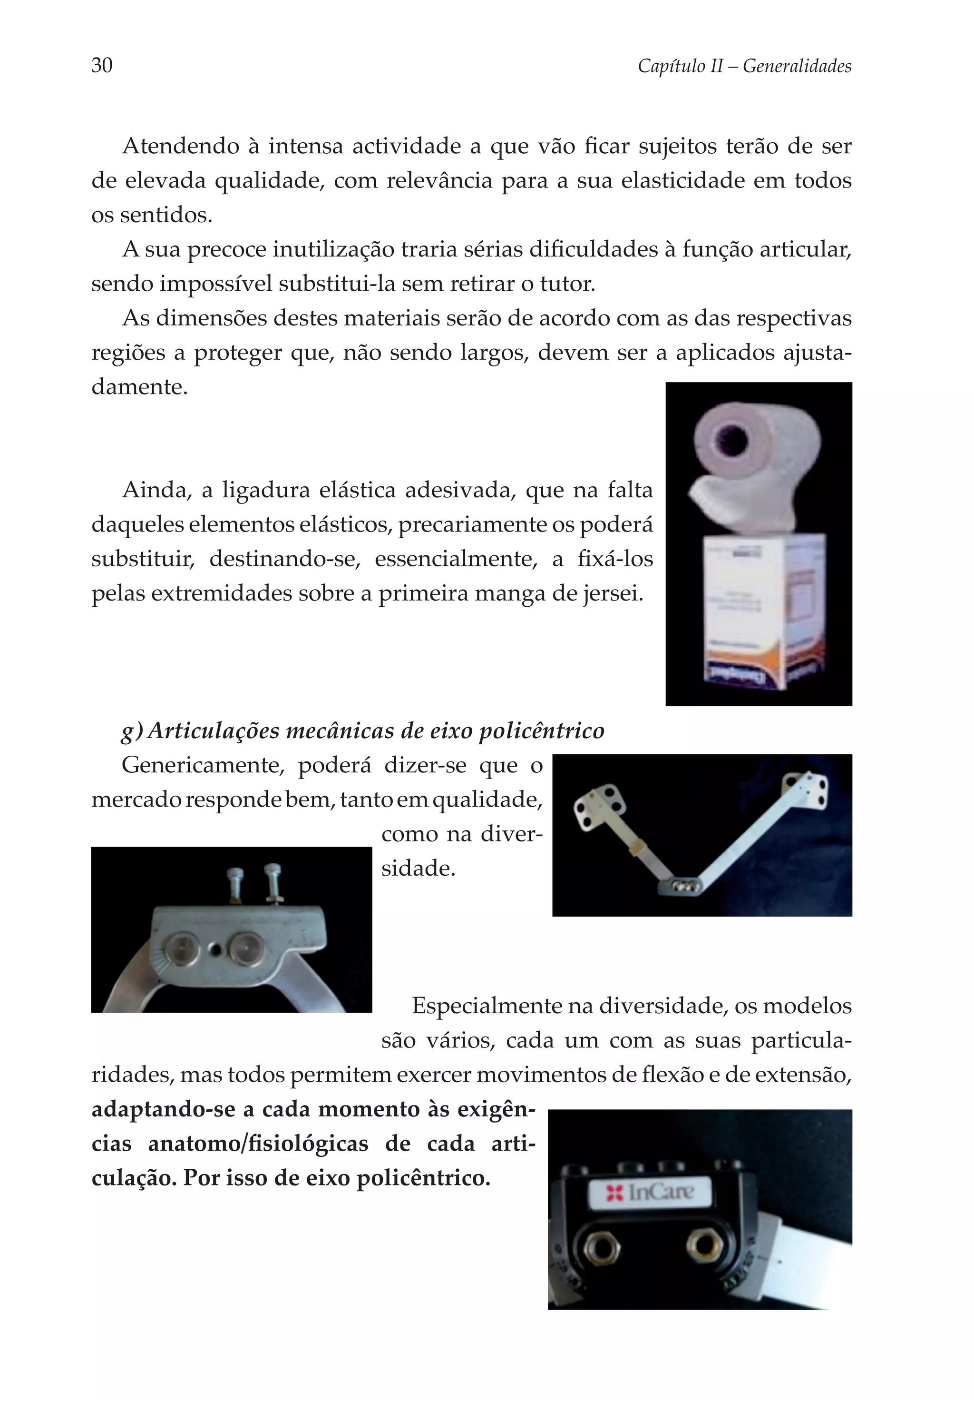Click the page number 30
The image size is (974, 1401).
click(102, 65)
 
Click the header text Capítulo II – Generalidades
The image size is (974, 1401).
click(744, 66)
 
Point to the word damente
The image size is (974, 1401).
click(139, 387)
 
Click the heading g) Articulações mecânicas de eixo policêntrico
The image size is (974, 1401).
click(363, 730)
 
